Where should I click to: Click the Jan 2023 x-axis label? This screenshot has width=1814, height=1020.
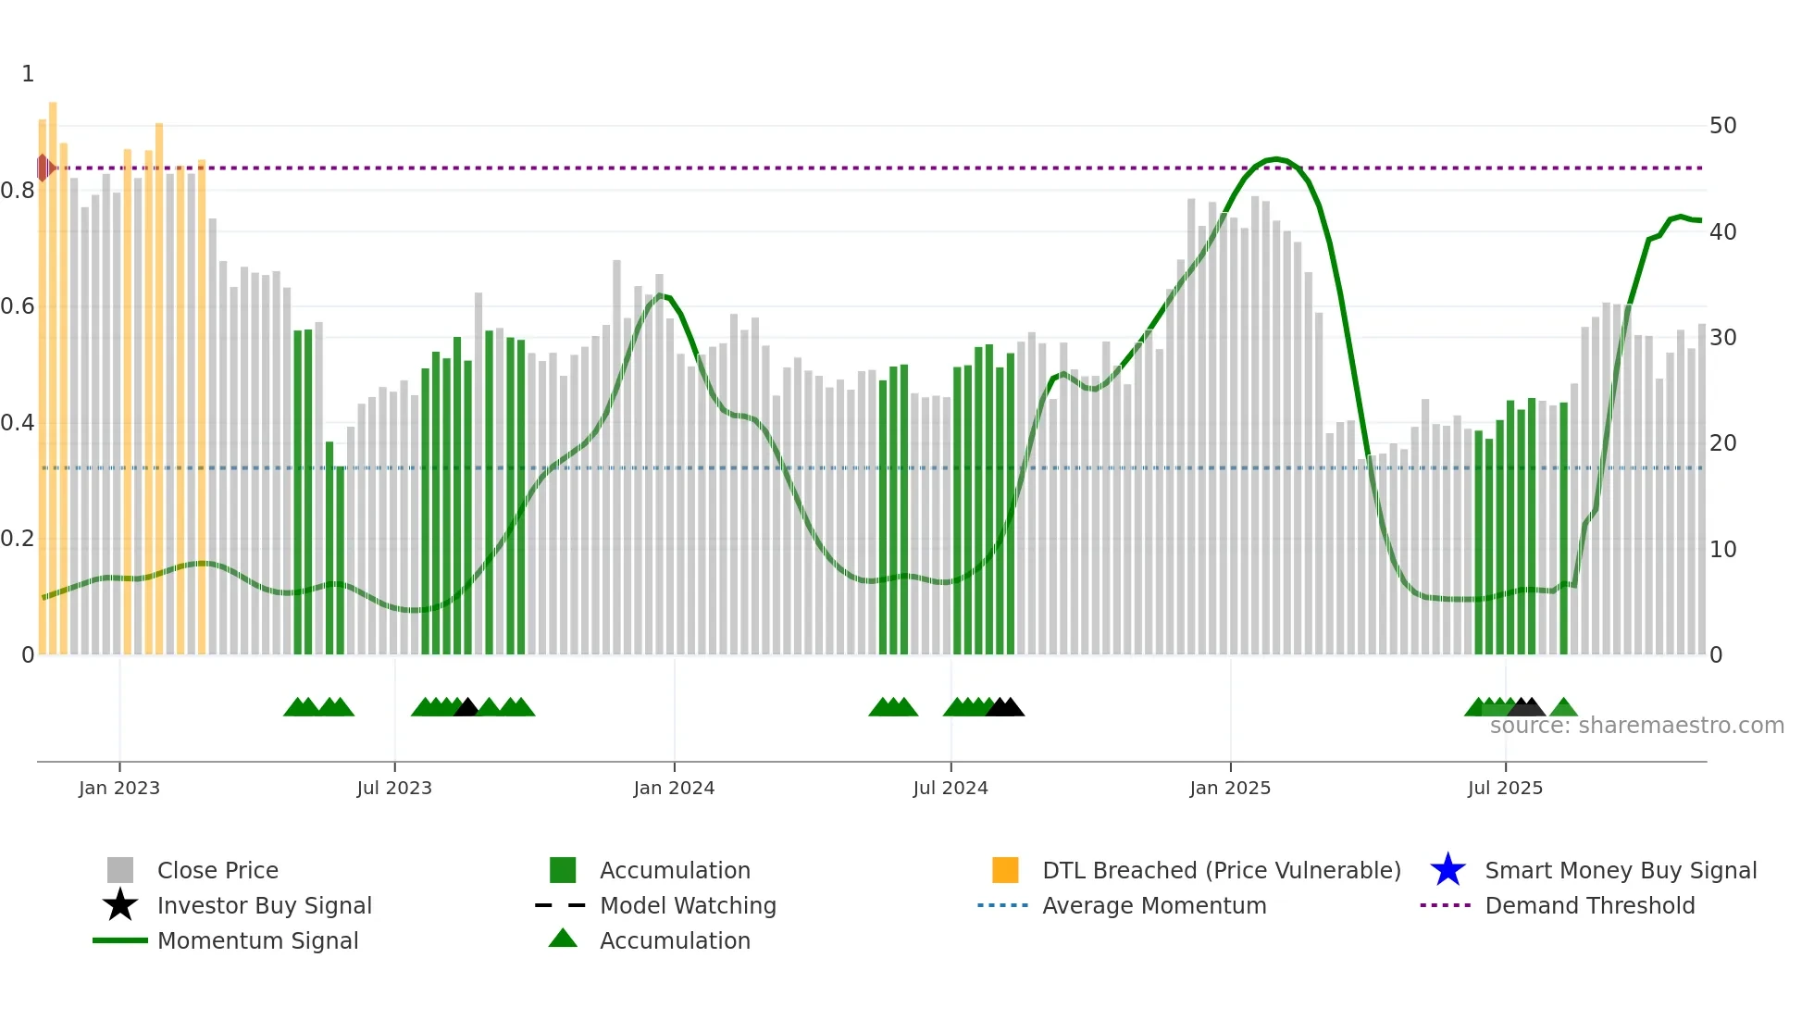coord(119,788)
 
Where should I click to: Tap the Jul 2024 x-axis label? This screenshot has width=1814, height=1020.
coord(950,788)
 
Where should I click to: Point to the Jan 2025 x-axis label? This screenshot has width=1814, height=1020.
coord(1230,788)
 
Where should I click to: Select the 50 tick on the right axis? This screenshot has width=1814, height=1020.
coord(1722,126)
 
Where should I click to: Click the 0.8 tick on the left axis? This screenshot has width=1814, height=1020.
coord(18,191)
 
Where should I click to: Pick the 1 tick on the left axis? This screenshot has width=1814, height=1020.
coord(28,74)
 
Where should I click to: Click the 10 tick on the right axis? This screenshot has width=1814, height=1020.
coord(1722,550)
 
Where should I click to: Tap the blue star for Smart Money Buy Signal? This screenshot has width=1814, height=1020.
coord(1447,870)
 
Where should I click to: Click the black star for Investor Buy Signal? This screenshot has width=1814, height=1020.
coord(120,905)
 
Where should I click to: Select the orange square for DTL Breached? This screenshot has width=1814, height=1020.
coord(1005,870)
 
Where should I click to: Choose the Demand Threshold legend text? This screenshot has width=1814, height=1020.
coord(1589,905)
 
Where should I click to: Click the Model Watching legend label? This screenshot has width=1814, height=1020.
coord(688,905)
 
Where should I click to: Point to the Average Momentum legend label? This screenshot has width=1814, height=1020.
coord(1154,905)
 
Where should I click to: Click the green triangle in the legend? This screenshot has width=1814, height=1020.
coord(563,939)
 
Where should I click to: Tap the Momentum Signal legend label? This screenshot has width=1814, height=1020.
coord(257,940)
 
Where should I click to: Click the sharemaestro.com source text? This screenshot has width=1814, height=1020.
coord(1636,726)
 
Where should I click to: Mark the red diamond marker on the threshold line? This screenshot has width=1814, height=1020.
coord(44,168)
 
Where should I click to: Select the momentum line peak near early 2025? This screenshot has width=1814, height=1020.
coord(1276,159)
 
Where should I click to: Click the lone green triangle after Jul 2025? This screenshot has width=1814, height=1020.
coord(1563,708)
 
